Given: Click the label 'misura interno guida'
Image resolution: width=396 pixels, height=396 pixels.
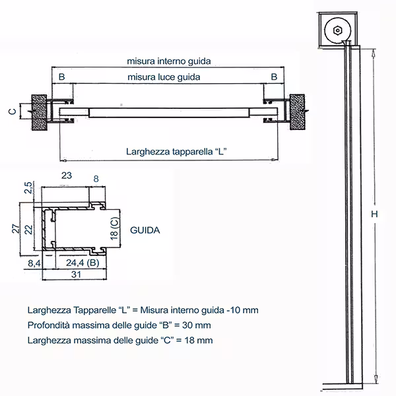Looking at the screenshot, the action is pyautogui.click(x=169, y=61).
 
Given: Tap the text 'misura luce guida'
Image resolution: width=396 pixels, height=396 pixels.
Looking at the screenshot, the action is pyautogui.click(x=164, y=77).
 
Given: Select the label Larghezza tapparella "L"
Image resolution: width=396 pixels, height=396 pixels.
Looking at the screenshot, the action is pyautogui.click(x=176, y=152).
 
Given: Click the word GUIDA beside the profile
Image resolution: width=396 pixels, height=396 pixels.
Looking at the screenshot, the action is pyautogui.click(x=145, y=230).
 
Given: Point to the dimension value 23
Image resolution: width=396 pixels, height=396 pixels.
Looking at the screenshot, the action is pyautogui.click(x=67, y=176).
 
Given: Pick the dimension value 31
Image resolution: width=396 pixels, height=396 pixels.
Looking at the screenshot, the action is pyautogui.click(x=76, y=275).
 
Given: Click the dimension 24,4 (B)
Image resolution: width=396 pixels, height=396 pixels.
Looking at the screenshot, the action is pyautogui.click(x=82, y=263).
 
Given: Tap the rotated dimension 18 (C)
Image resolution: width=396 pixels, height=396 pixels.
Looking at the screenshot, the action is pyautogui.click(x=114, y=228).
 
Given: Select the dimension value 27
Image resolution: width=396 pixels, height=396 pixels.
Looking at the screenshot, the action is pyautogui.click(x=15, y=228).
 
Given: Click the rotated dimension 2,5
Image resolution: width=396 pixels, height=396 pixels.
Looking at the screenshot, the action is pyautogui.click(x=28, y=187).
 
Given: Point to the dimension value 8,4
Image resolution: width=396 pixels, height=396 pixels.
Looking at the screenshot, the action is pyautogui.click(x=34, y=263).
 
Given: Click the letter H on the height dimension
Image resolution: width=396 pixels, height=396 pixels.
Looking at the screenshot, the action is pyautogui.click(x=374, y=214).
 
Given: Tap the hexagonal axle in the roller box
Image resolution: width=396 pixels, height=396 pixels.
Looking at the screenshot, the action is pyautogui.click(x=337, y=31).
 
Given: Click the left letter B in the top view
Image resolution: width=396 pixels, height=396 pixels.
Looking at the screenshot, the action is pyautogui.click(x=61, y=77).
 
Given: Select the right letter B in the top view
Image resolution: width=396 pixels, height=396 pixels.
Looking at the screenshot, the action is pyautogui.click(x=274, y=77).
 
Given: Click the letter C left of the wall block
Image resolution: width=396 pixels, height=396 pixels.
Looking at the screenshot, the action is pyautogui.click(x=13, y=112).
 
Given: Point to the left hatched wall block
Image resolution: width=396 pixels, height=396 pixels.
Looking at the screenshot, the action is pyautogui.click(x=39, y=112).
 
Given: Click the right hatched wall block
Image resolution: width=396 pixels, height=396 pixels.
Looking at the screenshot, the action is pyautogui.click(x=297, y=112).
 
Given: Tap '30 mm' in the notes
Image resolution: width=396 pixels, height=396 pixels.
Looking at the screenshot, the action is pyautogui.click(x=197, y=325).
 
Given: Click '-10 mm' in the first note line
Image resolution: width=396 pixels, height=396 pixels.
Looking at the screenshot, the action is pyautogui.click(x=242, y=310).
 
